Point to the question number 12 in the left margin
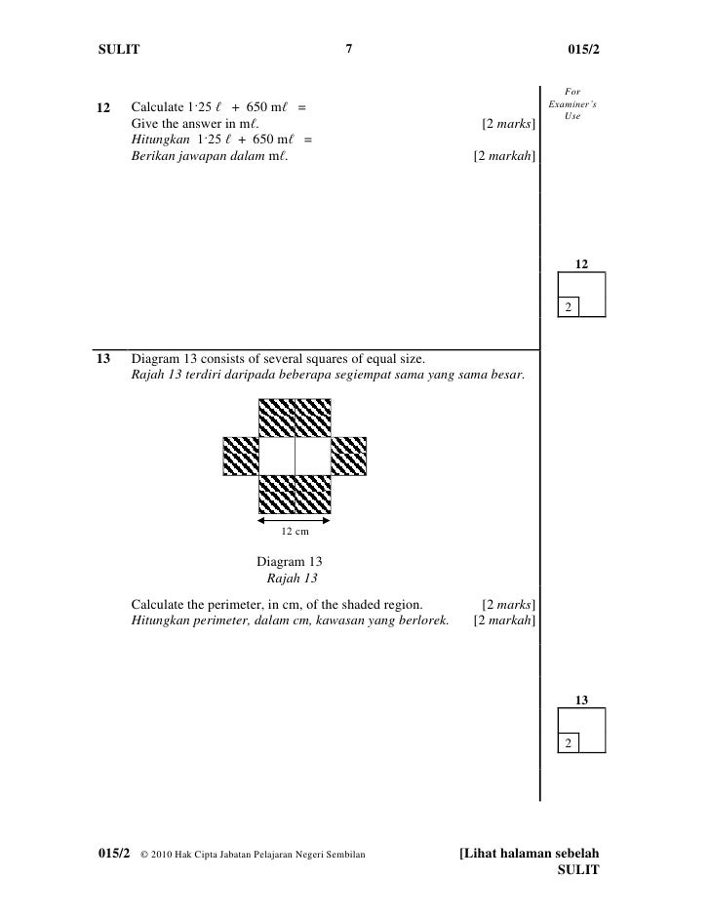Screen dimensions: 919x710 pyautogui.click(x=104, y=106)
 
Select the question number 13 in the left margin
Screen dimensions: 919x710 pyautogui.click(x=103, y=358)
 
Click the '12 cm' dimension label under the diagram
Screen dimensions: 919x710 pyautogui.click(x=295, y=532)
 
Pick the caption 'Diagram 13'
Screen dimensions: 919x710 pyautogui.click(x=289, y=562)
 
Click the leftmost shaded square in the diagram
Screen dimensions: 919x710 pyautogui.click(x=241, y=456)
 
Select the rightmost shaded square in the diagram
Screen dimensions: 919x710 pyautogui.click(x=348, y=456)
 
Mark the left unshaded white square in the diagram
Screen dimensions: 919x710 pyautogui.click(x=277, y=456)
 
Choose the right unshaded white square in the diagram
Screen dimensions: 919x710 pyautogui.click(x=312, y=456)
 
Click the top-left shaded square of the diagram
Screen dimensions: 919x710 pyautogui.click(x=277, y=418)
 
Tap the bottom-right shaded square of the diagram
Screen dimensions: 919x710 pyautogui.click(x=312, y=494)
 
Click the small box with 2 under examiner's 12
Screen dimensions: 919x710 pyautogui.click(x=567, y=307)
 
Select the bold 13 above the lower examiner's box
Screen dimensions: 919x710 pyautogui.click(x=581, y=699)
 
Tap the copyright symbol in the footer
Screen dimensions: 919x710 pyautogui.click(x=145, y=856)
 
